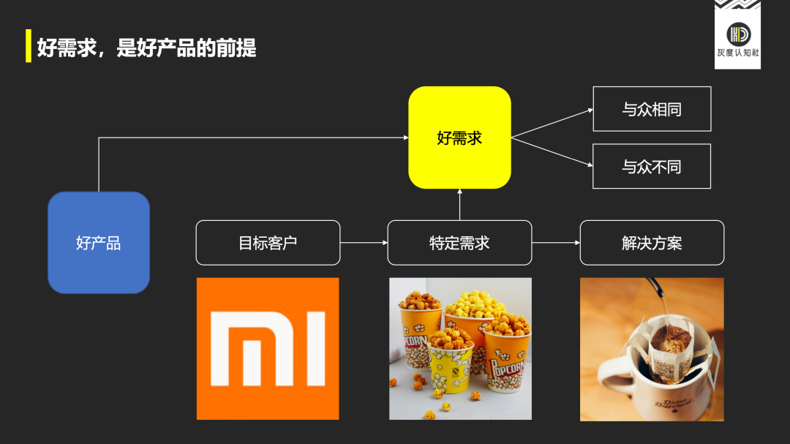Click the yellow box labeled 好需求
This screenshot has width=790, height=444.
[459, 138]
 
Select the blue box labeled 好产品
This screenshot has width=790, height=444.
[99, 243]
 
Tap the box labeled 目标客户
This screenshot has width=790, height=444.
[268, 243]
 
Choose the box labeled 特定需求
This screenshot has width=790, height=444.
[459, 243]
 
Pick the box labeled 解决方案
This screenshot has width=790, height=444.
[652, 243]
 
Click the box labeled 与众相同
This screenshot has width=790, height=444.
[652, 109]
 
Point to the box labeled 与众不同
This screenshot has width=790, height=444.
[652, 166]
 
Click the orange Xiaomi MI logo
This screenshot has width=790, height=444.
[268, 348]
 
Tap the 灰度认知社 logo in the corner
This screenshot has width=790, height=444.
[737, 35]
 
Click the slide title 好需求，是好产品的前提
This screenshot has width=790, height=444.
[146, 48]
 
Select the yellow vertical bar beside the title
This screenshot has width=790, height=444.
[29, 46]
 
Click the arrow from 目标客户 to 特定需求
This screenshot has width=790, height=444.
[364, 243]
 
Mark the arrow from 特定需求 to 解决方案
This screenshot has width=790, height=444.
[556, 243]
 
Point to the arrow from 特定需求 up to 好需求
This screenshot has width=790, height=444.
[459, 205]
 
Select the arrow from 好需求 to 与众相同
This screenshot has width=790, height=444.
[552, 123]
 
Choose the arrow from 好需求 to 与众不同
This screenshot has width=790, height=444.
[552, 152]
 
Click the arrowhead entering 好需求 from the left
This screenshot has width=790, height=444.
[405, 138]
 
